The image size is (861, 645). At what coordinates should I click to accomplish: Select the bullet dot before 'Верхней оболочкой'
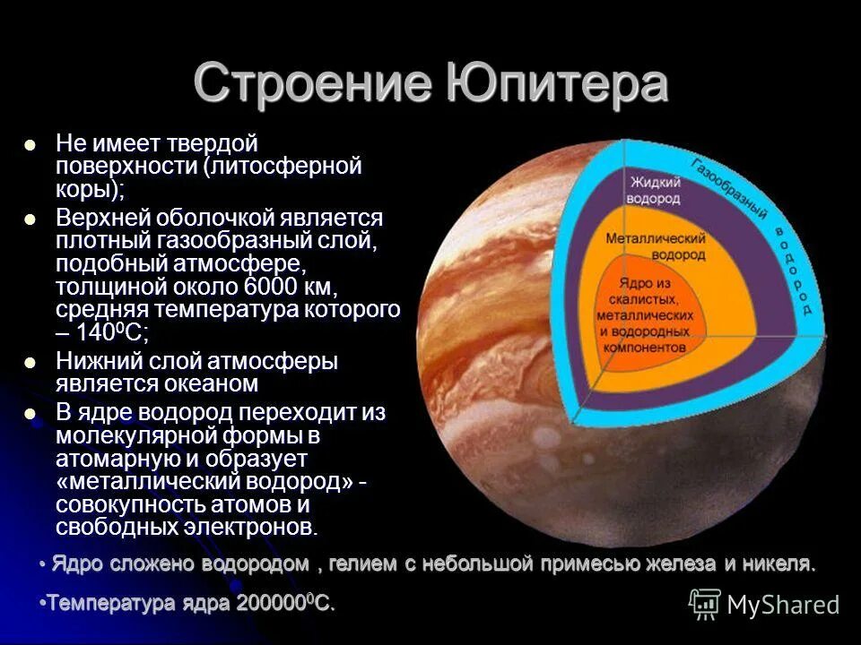tap(30, 219)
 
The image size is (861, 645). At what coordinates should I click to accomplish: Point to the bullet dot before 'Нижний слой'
tap(30, 363)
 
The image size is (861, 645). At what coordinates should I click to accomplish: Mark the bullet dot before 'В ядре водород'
tap(30, 414)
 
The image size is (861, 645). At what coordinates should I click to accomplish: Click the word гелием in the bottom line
tap(364, 564)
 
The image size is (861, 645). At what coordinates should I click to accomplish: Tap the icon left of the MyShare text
tap(705, 604)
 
